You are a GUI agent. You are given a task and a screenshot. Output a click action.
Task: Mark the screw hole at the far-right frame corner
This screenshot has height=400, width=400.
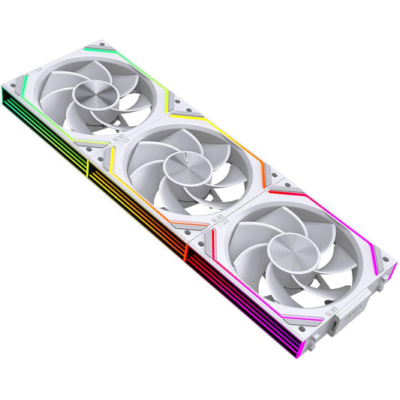389,264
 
